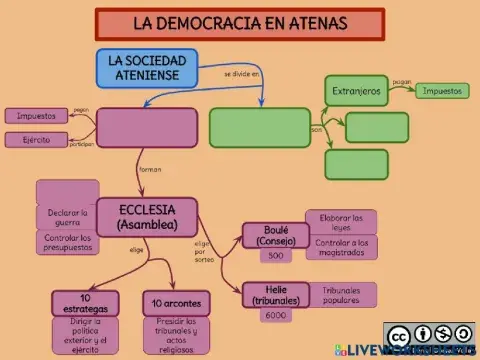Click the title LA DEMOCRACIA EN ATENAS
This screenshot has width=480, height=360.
click(x=240, y=22)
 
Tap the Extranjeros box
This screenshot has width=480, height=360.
click(x=356, y=91)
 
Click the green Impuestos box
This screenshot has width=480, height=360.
click(x=441, y=91)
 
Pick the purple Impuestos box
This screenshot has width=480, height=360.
click(x=36, y=116)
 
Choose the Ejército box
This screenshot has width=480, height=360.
click(x=36, y=140)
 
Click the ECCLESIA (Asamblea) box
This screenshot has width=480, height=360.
click(x=147, y=217)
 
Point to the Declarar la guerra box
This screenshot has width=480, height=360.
click(x=67, y=217)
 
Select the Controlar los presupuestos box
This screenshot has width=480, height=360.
click(x=67, y=243)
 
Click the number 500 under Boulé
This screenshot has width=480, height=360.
click(x=276, y=256)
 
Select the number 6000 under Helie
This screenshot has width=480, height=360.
click(x=276, y=315)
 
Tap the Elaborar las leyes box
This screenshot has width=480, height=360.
click(x=341, y=221)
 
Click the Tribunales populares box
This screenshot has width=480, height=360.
click(x=341, y=294)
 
